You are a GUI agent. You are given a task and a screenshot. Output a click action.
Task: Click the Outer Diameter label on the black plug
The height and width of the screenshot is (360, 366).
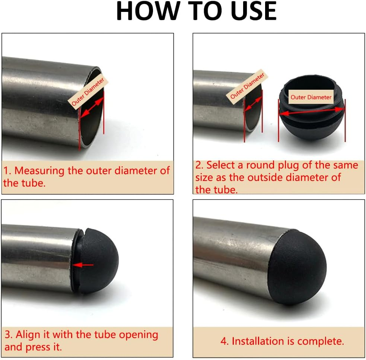(x=311, y=97)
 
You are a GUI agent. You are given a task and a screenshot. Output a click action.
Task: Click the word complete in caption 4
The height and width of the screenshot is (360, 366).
(x=321, y=341)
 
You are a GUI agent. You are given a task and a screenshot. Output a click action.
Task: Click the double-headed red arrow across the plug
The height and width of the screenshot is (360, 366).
(x=311, y=111)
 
